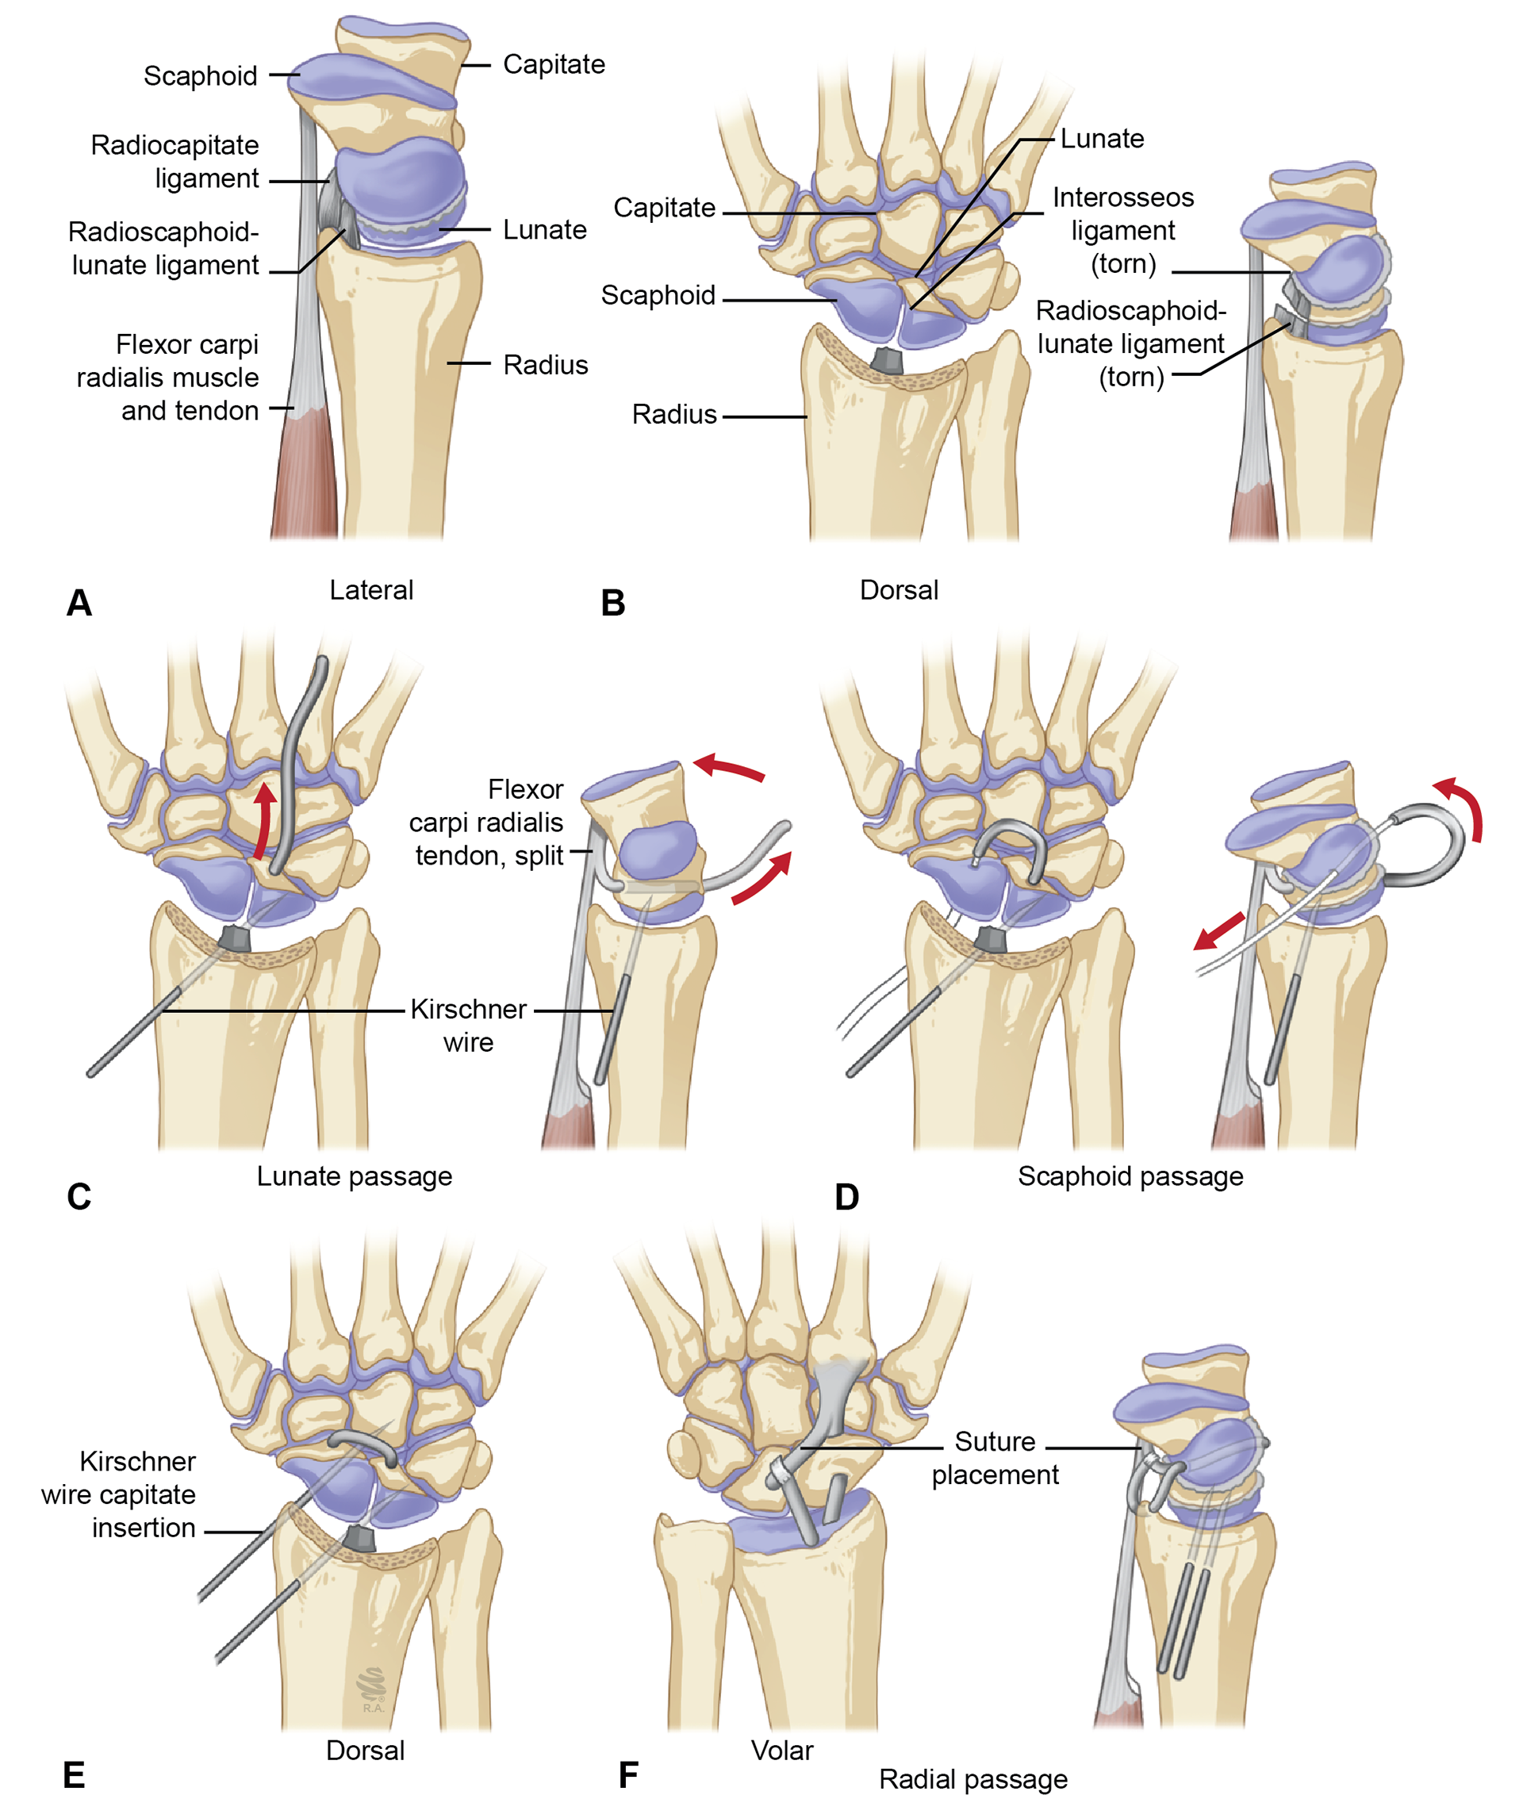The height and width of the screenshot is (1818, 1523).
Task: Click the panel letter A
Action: [79, 603]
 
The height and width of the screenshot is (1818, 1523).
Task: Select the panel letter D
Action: [847, 1197]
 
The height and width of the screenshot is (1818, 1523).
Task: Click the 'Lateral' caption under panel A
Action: [371, 590]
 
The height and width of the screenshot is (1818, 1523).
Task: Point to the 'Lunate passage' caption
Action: [354, 1176]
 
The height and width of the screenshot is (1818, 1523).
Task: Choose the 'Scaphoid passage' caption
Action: [1130, 1176]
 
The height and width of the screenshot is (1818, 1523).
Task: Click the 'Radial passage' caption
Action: [973, 1779]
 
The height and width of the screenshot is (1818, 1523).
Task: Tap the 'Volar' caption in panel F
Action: [782, 1751]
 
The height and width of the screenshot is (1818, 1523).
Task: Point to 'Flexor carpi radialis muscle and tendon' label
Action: [168, 378]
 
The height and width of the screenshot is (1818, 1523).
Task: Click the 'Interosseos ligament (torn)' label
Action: [1123, 230]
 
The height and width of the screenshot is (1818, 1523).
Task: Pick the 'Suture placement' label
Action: [995, 1458]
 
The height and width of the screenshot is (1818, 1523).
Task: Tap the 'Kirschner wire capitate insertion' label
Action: [119, 1494]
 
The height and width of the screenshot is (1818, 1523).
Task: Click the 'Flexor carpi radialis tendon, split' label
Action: [486, 823]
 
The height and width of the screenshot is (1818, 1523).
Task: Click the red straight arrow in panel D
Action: [1220, 931]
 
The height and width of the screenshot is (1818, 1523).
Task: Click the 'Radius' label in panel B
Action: [673, 415]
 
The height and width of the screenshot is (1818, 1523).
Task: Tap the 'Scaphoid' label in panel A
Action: [200, 76]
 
